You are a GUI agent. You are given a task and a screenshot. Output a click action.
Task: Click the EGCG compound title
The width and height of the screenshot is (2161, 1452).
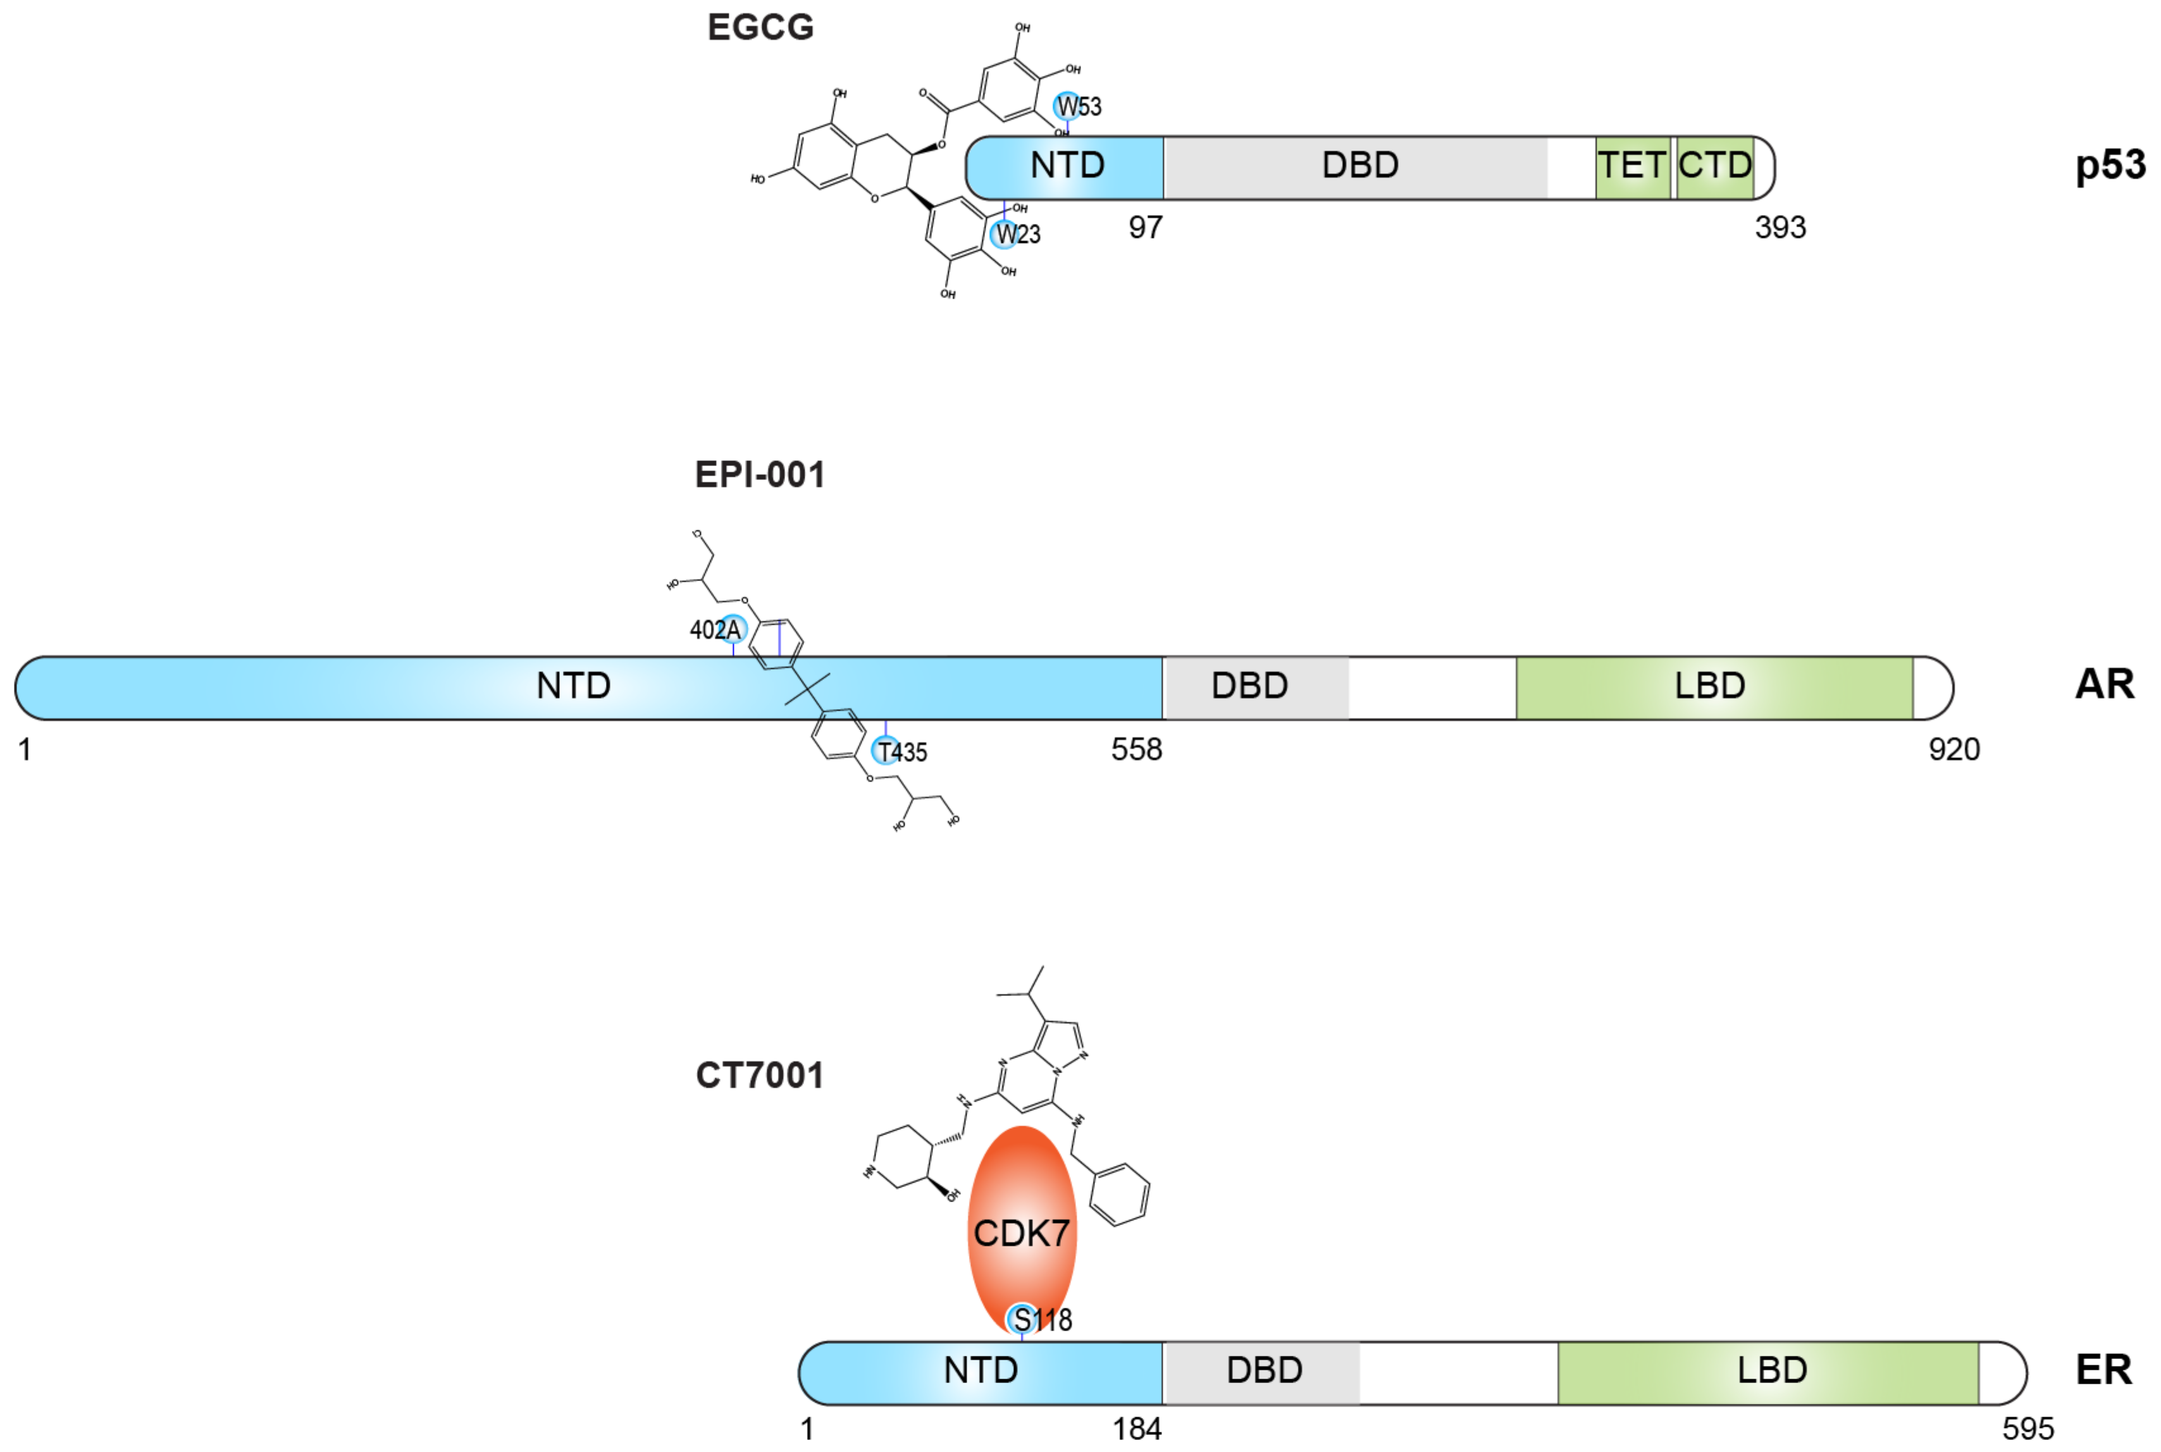(x=760, y=28)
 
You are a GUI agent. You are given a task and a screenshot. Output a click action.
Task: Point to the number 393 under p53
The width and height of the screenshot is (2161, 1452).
(x=1780, y=228)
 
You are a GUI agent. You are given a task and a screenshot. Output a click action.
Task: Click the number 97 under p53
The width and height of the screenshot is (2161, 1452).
(x=1145, y=228)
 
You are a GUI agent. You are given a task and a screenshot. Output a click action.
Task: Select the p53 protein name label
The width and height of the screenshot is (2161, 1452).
(x=2109, y=166)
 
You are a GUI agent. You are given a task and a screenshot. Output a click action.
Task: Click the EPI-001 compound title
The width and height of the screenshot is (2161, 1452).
(x=760, y=475)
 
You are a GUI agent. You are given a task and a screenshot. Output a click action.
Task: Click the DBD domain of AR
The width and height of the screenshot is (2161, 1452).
(x=1249, y=686)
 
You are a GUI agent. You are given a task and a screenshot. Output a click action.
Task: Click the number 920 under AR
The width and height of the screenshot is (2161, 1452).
(x=1954, y=749)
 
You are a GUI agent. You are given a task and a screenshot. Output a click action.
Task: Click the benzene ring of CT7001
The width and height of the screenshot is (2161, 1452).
(x=1120, y=1195)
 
